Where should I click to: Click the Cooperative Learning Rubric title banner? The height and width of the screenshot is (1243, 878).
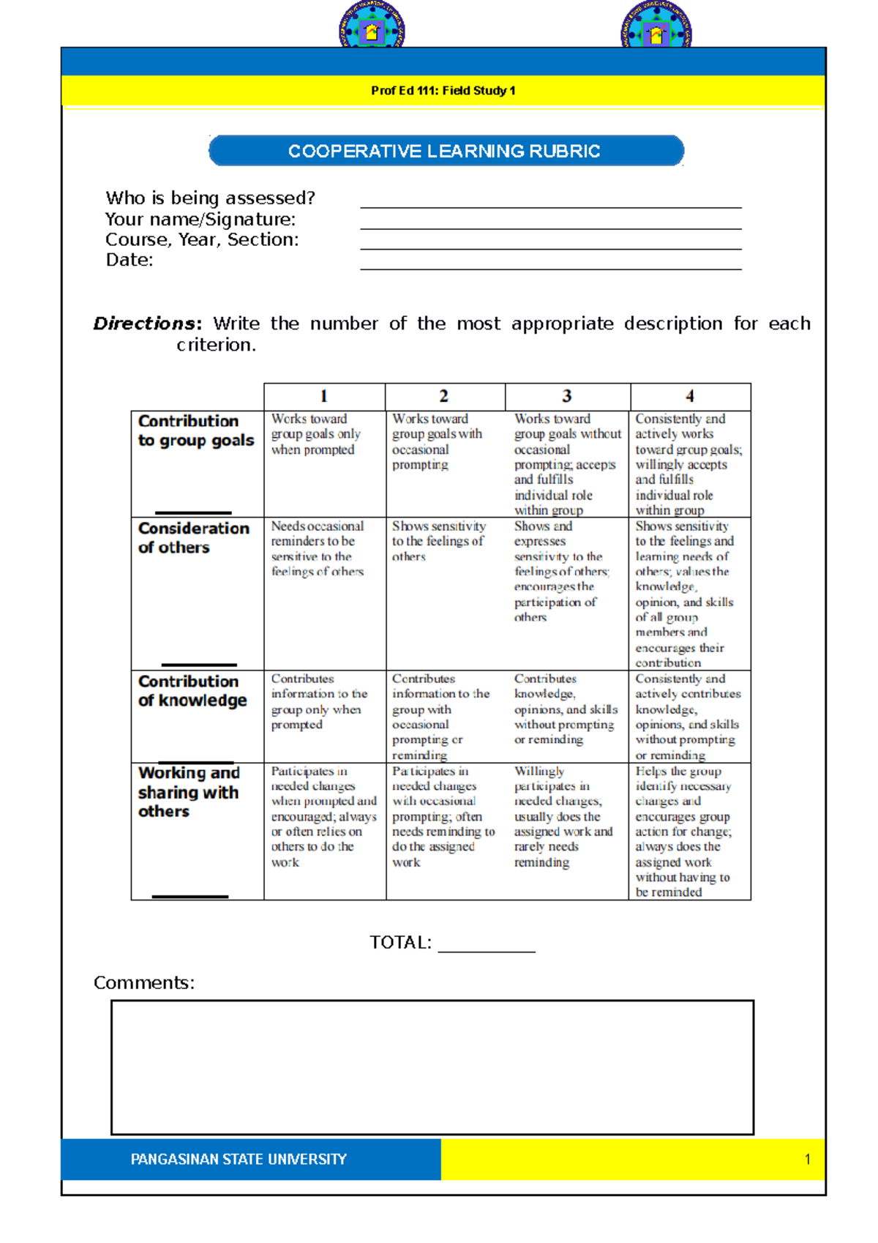(x=446, y=151)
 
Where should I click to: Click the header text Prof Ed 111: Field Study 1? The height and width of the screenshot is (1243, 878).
(x=443, y=91)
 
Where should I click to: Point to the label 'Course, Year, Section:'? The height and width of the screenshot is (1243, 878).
(x=202, y=240)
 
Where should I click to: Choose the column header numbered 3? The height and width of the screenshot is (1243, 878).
(x=566, y=396)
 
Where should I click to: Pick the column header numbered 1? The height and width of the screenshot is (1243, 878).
(x=323, y=396)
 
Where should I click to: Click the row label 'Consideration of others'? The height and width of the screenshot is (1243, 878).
(x=193, y=538)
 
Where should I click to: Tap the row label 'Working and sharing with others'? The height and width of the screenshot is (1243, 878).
(x=189, y=792)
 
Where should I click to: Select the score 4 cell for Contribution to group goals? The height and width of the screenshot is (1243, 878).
(x=688, y=464)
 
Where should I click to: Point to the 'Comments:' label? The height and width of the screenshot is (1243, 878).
(x=144, y=983)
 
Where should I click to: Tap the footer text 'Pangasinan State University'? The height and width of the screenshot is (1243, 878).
(x=239, y=1160)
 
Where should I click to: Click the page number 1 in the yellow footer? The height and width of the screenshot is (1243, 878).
(x=807, y=1160)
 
